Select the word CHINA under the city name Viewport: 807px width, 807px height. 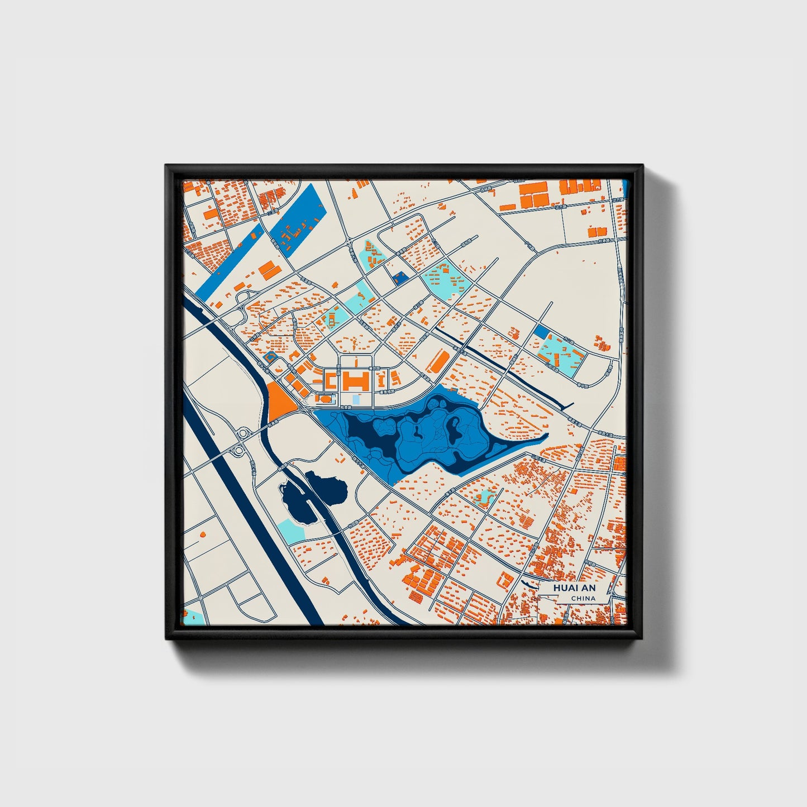(x=582, y=599)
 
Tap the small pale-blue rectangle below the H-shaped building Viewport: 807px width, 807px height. (x=356, y=400)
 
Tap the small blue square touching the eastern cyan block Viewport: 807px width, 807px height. (x=540, y=332)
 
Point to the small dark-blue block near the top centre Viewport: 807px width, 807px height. (x=399, y=278)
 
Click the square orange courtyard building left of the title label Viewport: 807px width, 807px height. (x=504, y=581)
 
